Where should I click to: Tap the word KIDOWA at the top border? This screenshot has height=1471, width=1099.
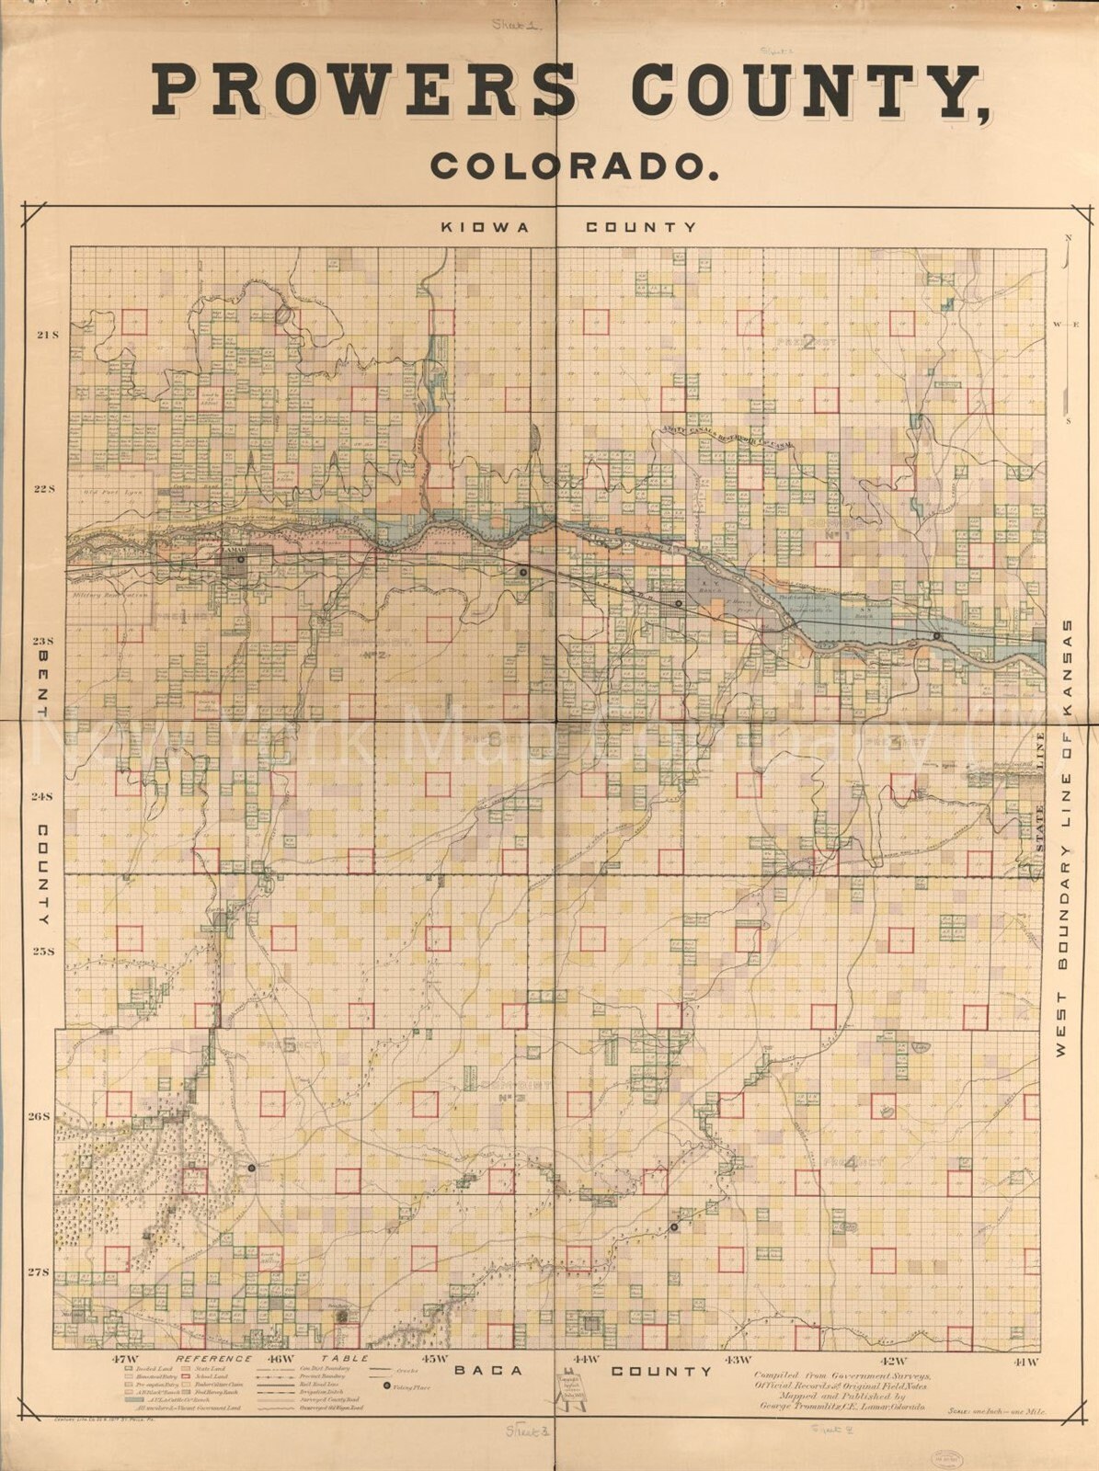tap(485, 227)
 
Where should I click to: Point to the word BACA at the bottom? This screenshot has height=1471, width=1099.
tap(489, 1371)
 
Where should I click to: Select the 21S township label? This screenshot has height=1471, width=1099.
tap(47, 336)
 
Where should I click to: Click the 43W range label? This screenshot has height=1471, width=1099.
tap(738, 1360)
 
